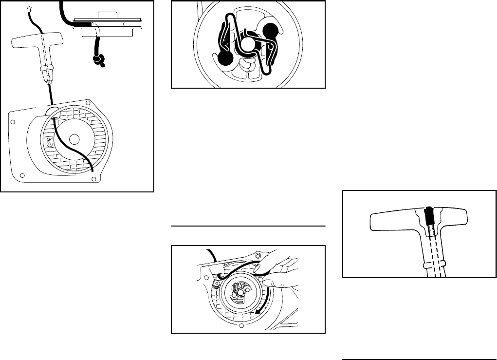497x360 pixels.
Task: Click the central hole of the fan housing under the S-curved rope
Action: [x=74, y=139]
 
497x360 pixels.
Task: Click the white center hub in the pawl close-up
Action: [x=248, y=45]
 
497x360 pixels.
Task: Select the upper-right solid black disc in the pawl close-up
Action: [x=271, y=33]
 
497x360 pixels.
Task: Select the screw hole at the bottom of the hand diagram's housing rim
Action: [x=241, y=325]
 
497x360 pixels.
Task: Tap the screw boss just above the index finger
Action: [x=258, y=255]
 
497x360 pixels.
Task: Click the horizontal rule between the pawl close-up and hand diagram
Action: [x=248, y=226]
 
